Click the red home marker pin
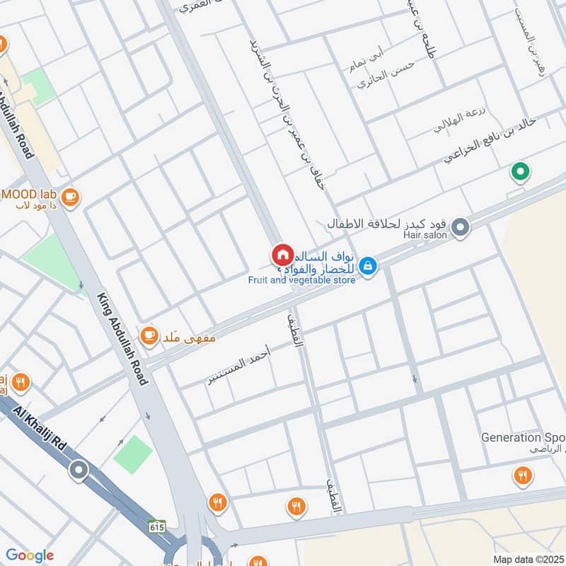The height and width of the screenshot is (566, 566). [x=282, y=254]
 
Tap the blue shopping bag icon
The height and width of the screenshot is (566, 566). [x=367, y=266]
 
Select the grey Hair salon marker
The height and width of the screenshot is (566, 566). [x=461, y=227]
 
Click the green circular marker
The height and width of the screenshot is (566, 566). [x=521, y=171]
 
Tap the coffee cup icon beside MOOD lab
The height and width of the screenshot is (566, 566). [x=69, y=197]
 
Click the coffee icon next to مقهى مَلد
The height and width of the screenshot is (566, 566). [x=149, y=336]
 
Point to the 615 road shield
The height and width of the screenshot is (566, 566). [x=157, y=526]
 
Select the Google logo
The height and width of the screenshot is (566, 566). [x=29, y=555]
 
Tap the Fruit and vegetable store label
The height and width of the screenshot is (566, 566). [x=301, y=279]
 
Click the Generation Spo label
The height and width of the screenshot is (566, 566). [x=523, y=437]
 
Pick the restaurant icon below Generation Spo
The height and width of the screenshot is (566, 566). [x=523, y=475]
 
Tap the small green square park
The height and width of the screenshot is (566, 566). [x=132, y=454]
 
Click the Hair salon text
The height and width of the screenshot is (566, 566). [x=425, y=234]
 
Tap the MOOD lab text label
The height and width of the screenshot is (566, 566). [x=28, y=193]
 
